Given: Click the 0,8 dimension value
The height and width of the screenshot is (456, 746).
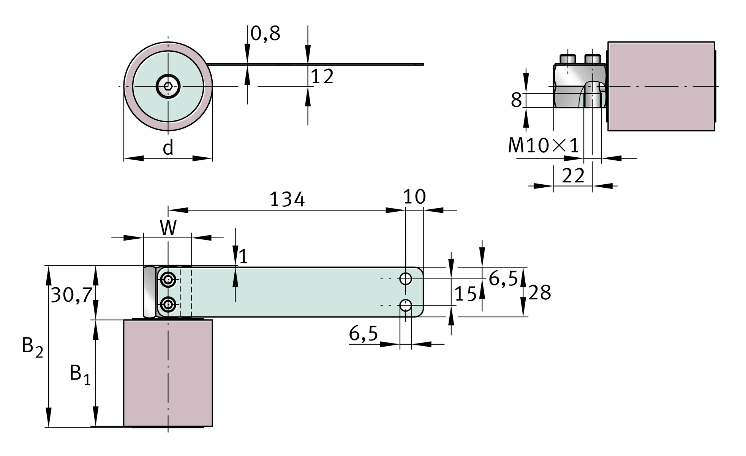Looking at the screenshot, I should coord(265,33).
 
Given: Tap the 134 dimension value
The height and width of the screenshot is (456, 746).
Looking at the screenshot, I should coord(287,199).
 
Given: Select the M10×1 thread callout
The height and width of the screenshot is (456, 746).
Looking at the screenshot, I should coord(543,145).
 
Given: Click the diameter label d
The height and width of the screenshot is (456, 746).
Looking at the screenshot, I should coord(168,147).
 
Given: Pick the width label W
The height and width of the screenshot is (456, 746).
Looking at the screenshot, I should coord(168,228).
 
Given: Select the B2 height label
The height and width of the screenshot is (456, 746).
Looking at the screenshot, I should coord(32,347).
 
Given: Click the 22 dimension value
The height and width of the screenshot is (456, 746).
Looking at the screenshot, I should coord(573,176).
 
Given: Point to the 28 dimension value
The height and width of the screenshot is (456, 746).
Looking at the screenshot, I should coord(539,293).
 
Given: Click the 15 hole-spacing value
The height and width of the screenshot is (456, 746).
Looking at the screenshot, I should coord(465,294).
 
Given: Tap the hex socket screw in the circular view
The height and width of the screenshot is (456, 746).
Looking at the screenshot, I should coord(168,86).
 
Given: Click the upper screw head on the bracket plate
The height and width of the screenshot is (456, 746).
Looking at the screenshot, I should coord(168,280).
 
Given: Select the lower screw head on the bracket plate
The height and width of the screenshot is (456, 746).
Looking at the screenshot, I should coord(168,304).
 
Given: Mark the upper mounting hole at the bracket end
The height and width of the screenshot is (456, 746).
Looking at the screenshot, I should coord(406,279).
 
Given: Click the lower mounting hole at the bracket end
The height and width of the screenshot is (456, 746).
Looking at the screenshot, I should coord(406,305).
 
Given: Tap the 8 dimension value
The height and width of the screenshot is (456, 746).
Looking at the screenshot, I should coord(516,100).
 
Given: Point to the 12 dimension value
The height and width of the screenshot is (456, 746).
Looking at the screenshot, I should coord(322,77).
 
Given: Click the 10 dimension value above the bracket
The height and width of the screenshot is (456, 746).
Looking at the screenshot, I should coord(414,197).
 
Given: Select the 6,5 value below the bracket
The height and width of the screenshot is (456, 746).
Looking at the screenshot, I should coord(364,334).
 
